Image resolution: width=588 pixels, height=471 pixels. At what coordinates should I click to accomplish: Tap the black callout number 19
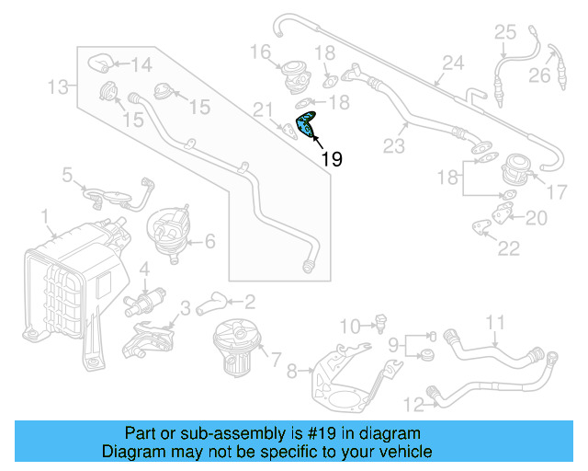coord(332,159)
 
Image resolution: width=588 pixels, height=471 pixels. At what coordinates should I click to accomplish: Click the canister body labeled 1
coord(69,281)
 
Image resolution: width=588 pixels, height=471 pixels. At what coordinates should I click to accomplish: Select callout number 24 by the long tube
coord(452,63)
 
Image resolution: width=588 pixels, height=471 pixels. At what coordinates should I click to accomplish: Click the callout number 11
coord(495,322)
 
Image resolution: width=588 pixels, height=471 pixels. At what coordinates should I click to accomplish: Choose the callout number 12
coord(413,403)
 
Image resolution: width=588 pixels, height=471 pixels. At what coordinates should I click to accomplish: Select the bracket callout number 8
coord(291,372)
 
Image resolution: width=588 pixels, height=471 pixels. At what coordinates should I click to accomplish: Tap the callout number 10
coord(349,326)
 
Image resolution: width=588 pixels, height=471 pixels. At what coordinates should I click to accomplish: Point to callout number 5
coord(67,173)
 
